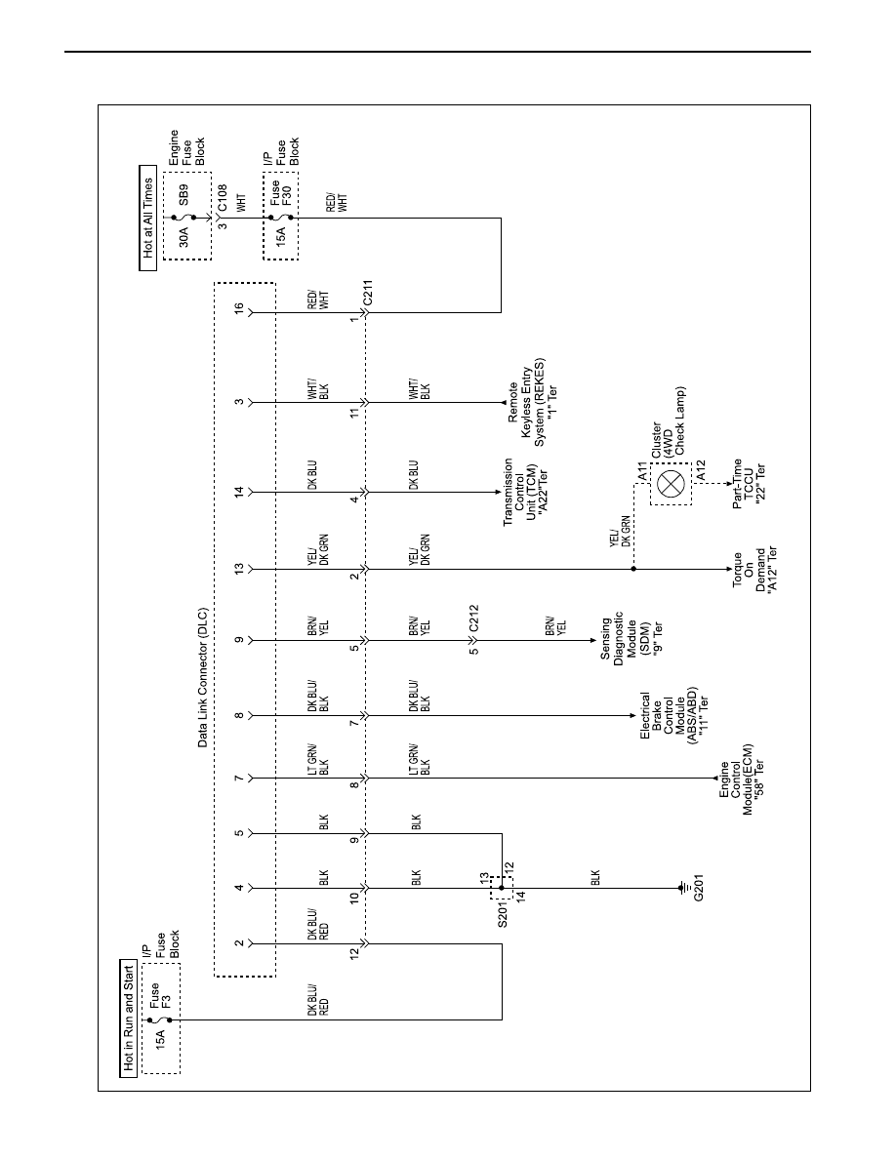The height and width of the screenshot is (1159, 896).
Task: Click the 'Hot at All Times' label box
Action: (147, 219)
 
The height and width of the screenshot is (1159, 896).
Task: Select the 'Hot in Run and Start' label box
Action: (129, 1019)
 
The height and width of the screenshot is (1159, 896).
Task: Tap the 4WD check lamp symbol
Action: (672, 484)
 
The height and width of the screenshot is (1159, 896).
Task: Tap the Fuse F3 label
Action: (160, 996)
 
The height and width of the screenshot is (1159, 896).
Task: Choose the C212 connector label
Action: (473, 619)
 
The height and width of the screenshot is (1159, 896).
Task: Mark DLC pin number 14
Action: (239, 492)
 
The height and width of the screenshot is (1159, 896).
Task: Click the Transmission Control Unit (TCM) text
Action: (525, 492)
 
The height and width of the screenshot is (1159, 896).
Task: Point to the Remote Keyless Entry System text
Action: (532, 403)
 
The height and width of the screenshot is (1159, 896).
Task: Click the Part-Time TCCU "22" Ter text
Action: (749, 484)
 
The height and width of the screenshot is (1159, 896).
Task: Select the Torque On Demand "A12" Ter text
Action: (754, 570)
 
